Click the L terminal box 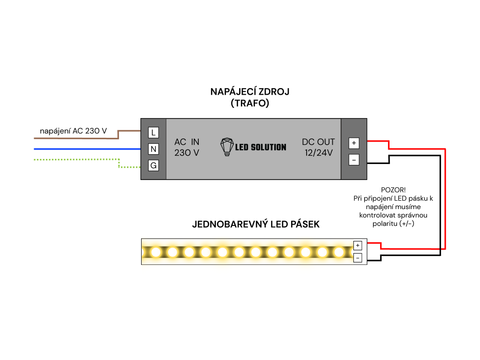[153, 133]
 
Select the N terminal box [153, 149]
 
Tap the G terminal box [153, 165]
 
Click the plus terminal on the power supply [354, 143]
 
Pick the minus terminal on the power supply [354, 160]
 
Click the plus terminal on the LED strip [358, 245]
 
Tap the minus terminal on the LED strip [358, 257]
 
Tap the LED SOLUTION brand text [261, 147]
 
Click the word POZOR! [393, 190]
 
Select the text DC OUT [318, 142]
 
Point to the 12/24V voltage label [318, 153]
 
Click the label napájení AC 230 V [73, 131]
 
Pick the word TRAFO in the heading [250, 104]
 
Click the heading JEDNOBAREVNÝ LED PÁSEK [256, 225]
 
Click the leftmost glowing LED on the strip [156, 252]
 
